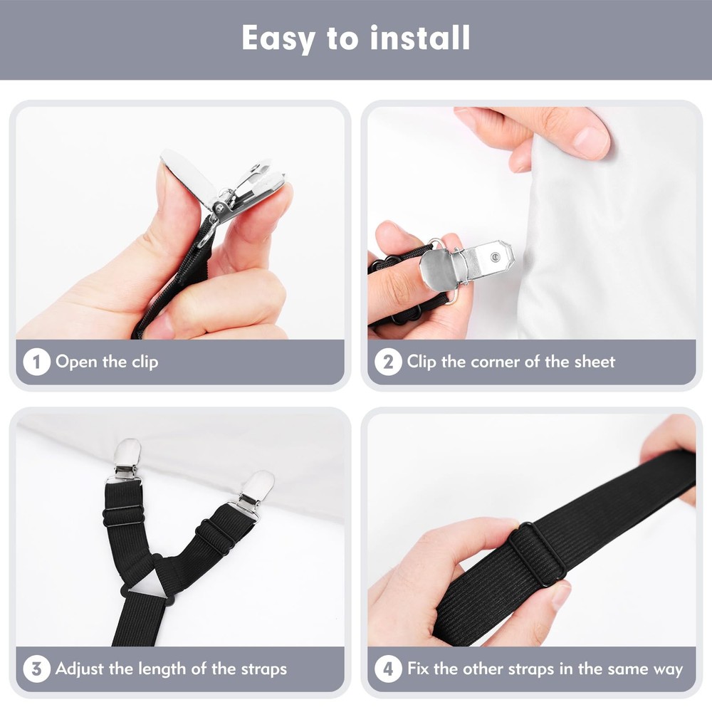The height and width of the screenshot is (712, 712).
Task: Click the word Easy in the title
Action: [278, 39]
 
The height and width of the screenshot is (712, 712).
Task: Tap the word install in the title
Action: [419, 38]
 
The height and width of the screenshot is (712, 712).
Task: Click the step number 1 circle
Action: [36, 362]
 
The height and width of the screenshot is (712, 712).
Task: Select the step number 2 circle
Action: [388, 362]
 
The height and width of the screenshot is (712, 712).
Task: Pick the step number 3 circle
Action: [36, 669]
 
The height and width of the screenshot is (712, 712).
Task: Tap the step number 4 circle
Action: [388, 669]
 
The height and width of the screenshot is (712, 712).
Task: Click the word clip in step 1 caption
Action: [145, 362]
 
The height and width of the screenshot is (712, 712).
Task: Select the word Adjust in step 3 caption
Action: [80, 669]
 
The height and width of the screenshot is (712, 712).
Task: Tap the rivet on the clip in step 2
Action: [495, 258]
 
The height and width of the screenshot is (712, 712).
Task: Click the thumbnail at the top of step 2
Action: [590, 142]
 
